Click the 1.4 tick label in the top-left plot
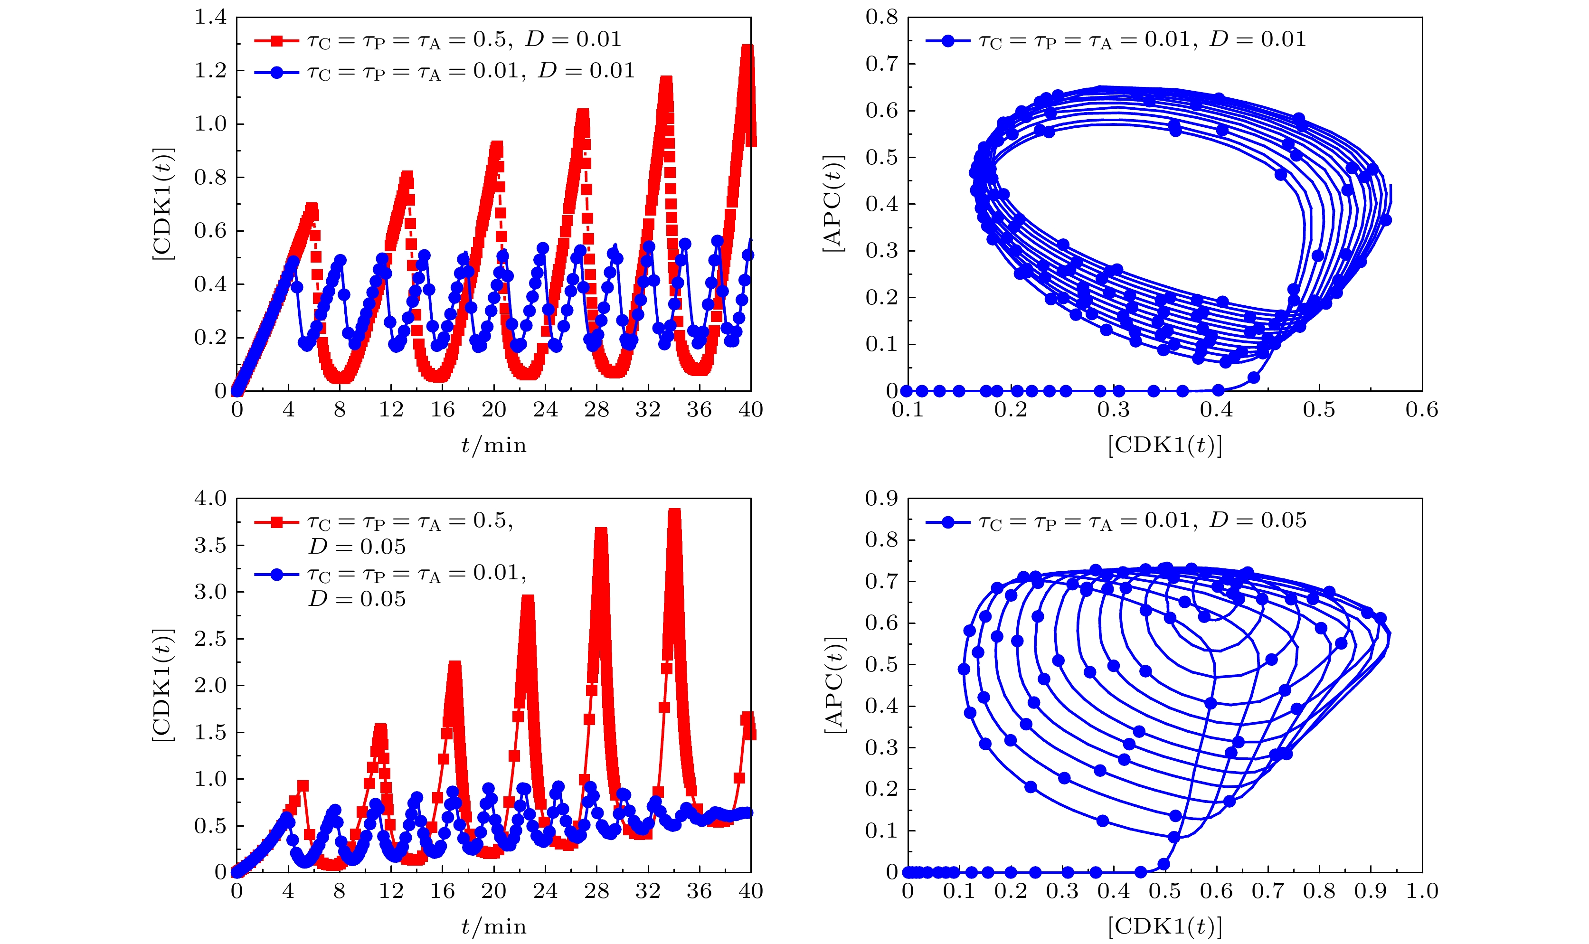coord(210,17)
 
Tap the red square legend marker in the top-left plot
coord(277,41)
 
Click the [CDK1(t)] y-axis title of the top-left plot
coord(163,204)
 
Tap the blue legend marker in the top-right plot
coord(948,41)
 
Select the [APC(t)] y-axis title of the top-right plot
coord(833,204)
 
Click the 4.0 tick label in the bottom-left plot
coord(210,499)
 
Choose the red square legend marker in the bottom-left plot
coord(277,522)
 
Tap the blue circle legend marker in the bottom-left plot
coord(277,575)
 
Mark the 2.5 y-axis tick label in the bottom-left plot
coord(210,639)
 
